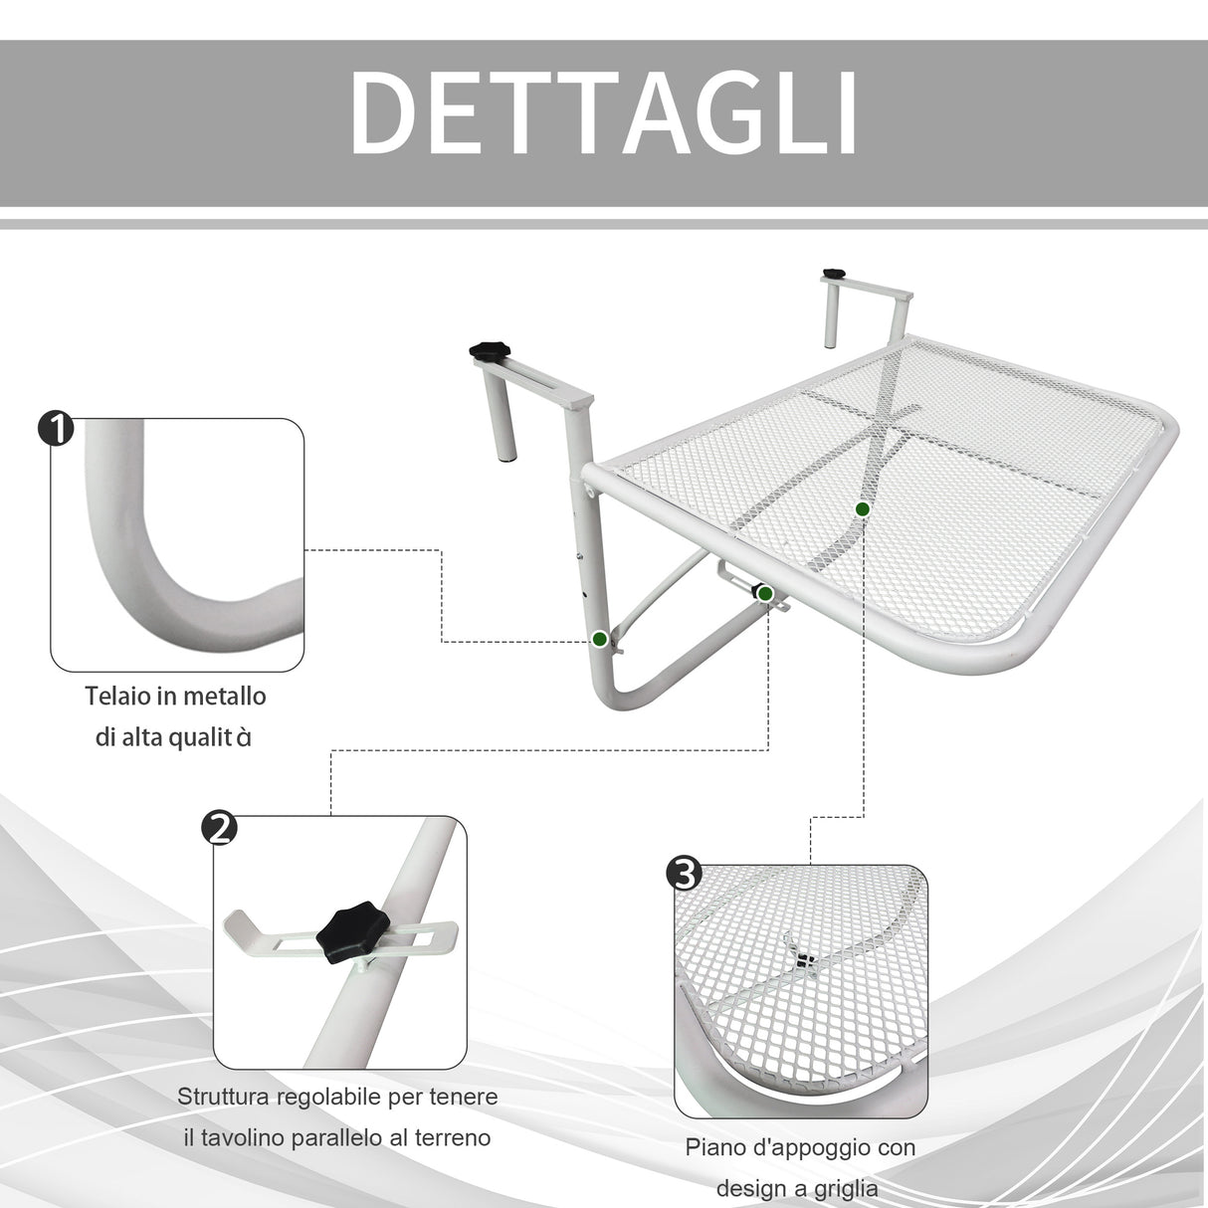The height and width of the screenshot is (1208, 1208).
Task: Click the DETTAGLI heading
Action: pyautogui.click(x=603, y=113)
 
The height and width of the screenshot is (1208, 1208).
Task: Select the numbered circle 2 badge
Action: pyautogui.click(x=219, y=827)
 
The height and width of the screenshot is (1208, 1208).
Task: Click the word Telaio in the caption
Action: pyautogui.click(x=117, y=696)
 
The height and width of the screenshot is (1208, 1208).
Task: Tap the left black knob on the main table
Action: pyautogui.click(x=489, y=352)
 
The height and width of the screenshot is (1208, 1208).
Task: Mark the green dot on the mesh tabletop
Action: pyautogui.click(x=863, y=508)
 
